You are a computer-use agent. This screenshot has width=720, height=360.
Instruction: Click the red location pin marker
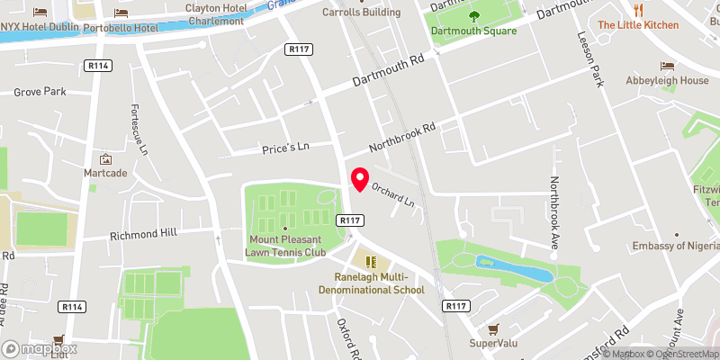click(x=359, y=178)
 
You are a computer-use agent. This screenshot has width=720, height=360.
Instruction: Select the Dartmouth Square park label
click(x=473, y=31)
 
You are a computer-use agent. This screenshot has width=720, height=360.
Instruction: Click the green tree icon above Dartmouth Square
click(x=474, y=15)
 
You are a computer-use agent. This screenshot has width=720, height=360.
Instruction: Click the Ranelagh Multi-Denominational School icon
click(x=372, y=262)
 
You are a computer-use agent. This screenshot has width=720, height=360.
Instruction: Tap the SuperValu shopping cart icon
click(x=491, y=329)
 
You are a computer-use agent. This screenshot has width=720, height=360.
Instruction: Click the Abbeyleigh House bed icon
click(x=667, y=67)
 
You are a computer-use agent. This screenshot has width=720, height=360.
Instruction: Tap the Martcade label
click(x=105, y=173)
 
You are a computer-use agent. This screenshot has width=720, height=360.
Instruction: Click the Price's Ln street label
click(x=285, y=146)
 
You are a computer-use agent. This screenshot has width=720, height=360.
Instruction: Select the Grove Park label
click(x=40, y=92)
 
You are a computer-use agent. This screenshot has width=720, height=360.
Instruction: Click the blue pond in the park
click(x=514, y=267)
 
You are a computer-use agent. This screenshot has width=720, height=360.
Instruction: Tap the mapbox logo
click(x=39, y=348)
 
